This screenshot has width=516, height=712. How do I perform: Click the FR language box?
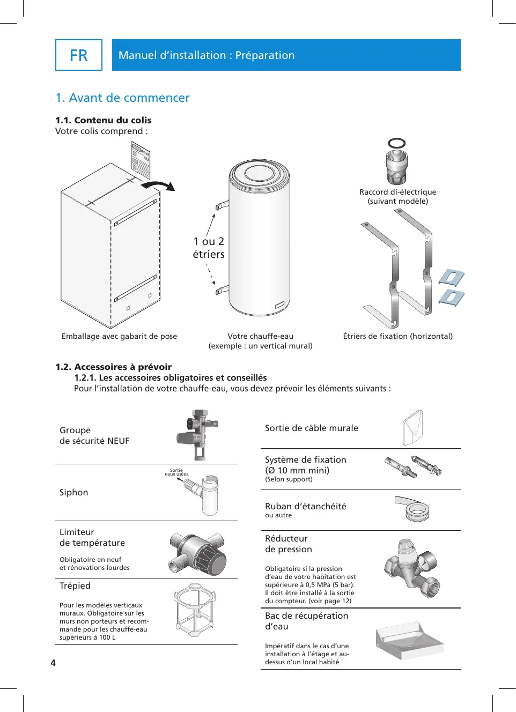point(79,55)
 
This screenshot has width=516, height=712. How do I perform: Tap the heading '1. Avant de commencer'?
point(123,98)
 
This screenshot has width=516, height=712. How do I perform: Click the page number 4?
point(53,663)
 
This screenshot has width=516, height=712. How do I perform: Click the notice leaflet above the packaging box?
point(141,160)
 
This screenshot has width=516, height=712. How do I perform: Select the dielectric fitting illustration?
point(397,168)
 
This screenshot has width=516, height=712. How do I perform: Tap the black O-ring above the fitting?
point(397,143)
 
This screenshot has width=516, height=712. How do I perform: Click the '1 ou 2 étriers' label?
point(209,248)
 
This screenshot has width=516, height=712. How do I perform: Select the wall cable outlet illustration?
point(413,428)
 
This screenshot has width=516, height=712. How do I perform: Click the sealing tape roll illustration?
point(415,509)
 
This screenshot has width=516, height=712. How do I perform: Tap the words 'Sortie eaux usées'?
point(176,472)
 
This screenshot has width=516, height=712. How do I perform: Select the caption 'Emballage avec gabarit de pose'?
point(119,337)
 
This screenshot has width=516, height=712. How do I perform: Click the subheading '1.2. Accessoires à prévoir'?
point(113,367)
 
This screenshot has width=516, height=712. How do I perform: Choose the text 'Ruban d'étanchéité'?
point(306,507)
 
